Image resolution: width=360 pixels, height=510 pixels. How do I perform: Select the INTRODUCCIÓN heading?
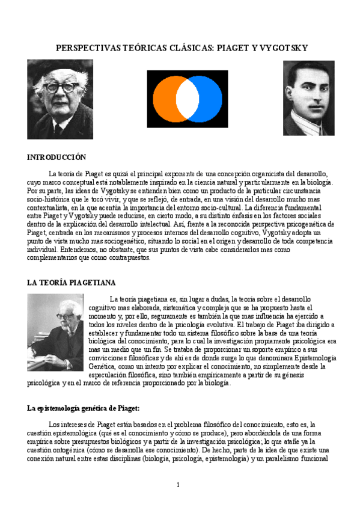pos(57,157)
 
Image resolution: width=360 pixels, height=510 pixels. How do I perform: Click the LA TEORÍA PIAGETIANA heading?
pos(72,282)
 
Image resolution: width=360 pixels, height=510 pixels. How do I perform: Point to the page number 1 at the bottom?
pos(178,485)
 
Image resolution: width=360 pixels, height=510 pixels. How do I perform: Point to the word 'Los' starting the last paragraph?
pos(54,423)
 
